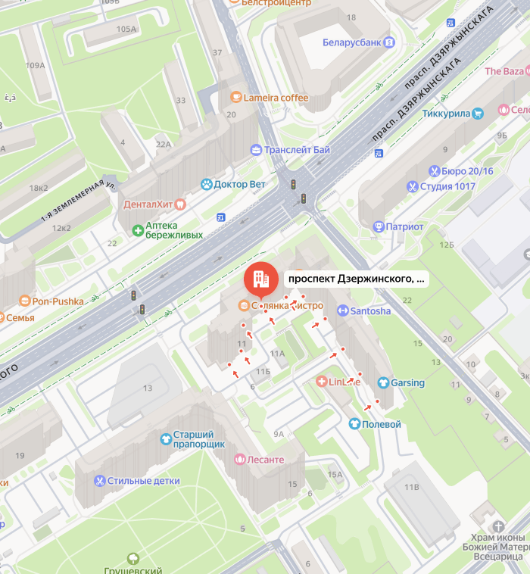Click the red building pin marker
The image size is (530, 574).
[261, 279]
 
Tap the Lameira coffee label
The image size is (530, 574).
[276, 98]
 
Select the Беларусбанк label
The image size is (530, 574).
[351, 42]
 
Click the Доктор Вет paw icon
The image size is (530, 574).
[206, 184]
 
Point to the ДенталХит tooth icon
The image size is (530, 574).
[180, 204]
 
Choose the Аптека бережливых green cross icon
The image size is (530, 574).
[138, 229]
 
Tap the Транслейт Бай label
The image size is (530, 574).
[296, 150]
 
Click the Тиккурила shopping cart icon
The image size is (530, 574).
[478, 114]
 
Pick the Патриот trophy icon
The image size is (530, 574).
[379, 226]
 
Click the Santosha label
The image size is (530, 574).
[370, 310]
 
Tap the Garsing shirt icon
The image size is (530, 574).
[383, 382]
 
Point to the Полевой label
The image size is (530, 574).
[382, 424]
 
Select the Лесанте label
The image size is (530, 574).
[266, 460]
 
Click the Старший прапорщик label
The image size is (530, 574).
[199, 439]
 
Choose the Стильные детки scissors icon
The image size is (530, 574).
[98, 481]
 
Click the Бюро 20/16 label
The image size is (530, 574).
[466, 171]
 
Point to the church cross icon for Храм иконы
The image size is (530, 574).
[498, 526]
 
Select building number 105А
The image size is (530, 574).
[126, 30]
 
